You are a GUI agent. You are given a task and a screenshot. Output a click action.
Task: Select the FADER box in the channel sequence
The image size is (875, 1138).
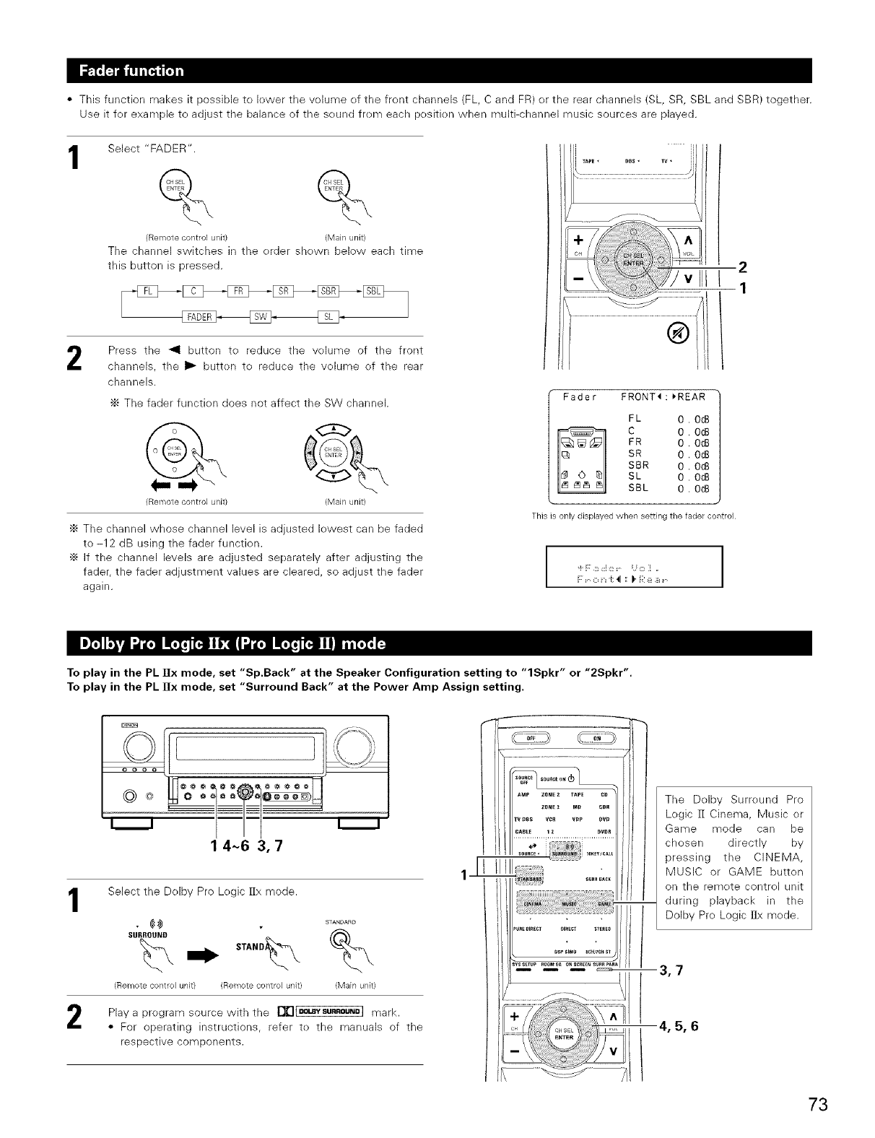198,317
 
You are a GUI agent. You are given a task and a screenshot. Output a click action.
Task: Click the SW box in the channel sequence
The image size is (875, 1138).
260,317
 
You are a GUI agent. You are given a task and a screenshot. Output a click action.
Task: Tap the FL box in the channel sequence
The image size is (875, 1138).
147,291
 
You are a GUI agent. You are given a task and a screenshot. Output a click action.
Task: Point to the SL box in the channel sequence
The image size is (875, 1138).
328,317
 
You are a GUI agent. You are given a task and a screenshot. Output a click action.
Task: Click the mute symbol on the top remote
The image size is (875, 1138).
682,332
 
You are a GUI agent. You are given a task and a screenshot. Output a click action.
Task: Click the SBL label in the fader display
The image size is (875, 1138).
638,487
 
